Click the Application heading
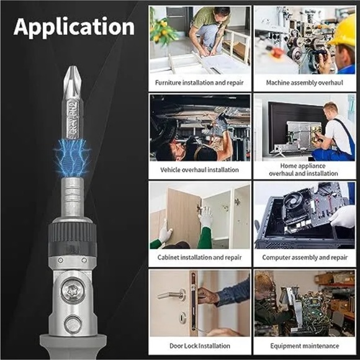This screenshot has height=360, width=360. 74,27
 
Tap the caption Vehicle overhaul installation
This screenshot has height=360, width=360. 200,169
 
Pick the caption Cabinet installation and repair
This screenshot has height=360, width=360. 200,257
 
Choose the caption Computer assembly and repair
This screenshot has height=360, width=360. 304,257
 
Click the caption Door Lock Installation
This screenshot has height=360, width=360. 200,345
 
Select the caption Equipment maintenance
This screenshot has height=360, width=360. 304,345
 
